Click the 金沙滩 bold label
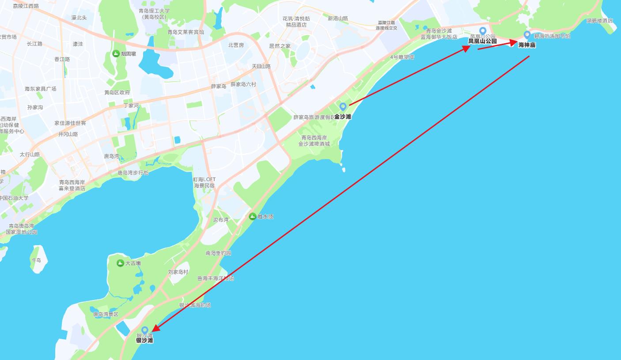(x=343, y=117)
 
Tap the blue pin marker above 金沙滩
(x=343, y=106)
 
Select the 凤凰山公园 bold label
(x=482, y=41)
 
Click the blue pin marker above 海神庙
(x=527, y=34)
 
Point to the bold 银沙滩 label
(x=144, y=341)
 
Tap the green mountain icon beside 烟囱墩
(x=116, y=54)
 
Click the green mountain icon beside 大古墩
(x=120, y=263)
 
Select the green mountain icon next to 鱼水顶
(x=252, y=216)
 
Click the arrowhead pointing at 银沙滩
(x=155, y=329)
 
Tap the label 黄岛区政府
(x=117, y=92)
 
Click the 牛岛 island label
(x=36, y=260)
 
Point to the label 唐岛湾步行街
(x=133, y=173)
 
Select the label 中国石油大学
(x=14, y=198)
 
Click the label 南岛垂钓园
(x=218, y=253)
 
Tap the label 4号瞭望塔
(x=402, y=57)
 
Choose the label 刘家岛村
(x=178, y=272)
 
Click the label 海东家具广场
(x=41, y=89)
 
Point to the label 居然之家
(x=280, y=46)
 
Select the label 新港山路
(x=338, y=19)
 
